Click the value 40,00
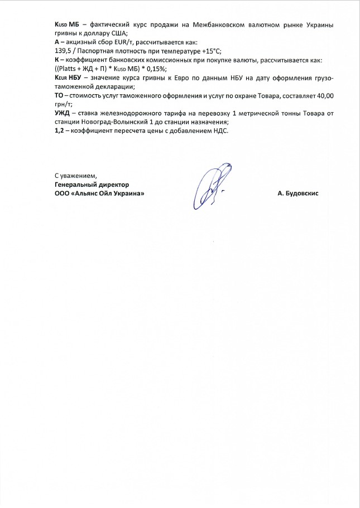tap(324, 96)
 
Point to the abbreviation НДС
tap(221, 132)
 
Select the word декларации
tap(112, 86)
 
